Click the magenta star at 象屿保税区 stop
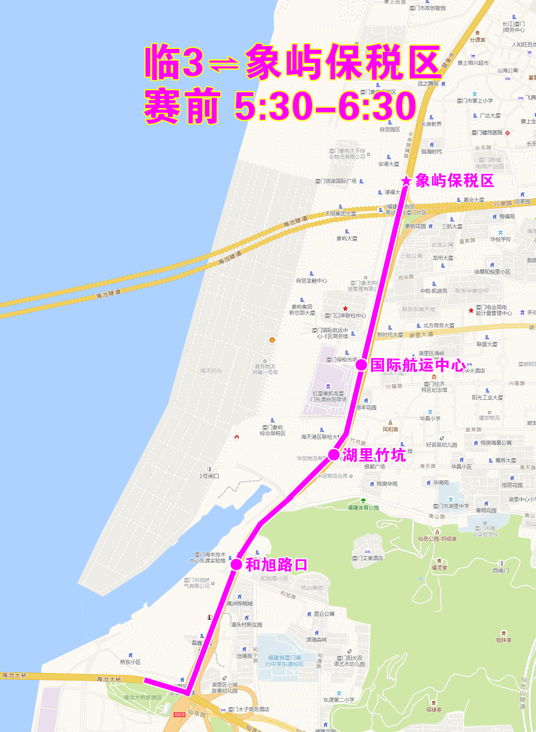[x=406, y=181]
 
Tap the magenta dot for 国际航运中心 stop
[x=361, y=364]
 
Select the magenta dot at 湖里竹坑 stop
[x=334, y=454]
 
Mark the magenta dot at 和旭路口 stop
[x=236, y=564]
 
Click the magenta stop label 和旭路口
[x=276, y=565]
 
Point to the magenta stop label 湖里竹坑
[x=374, y=455]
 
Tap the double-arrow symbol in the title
[x=224, y=64]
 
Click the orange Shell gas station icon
[x=272, y=340]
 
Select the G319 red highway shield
[x=179, y=714]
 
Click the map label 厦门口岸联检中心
[x=345, y=315]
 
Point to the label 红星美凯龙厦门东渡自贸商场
[x=328, y=396]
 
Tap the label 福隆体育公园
[x=363, y=507]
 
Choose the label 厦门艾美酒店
[x=368, y=558]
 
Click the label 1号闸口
[x=209, y=476]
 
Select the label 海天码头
[x=211, y=371]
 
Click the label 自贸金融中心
[x=311, y=280]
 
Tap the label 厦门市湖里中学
[x=451, y=506]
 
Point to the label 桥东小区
[x=131, y=662]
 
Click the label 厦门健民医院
[x=487, y=132]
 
